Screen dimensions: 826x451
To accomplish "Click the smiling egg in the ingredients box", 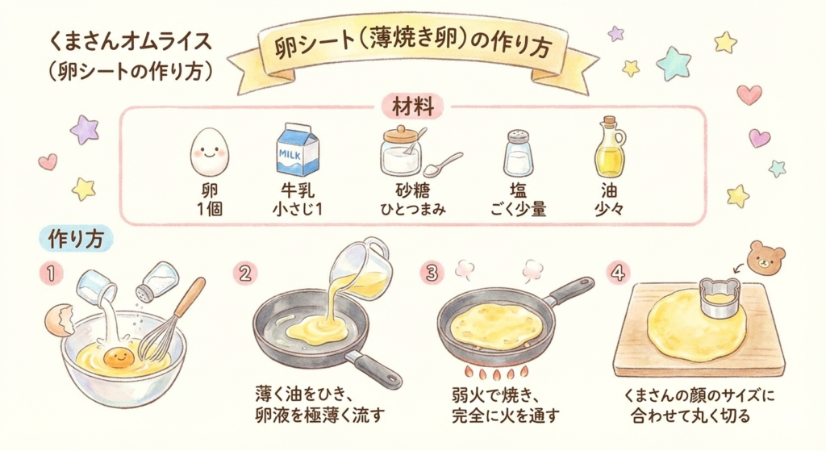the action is pyautogui.click(x=209, y=152).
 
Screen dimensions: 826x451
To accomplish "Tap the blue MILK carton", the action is pyautogui.click(x=298, y=149).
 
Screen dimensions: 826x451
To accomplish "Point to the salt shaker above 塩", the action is pyautogui.click(x=517, y=153).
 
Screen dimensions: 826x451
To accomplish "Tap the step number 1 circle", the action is pyautogui.click(x=51, y=274).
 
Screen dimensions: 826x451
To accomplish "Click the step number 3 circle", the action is pyautogui.click(x=432, y=273).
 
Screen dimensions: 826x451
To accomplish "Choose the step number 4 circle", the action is pyautogui.click(x=617, y=273).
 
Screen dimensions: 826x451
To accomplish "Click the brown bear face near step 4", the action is pyautogui.click(x=767, y=258).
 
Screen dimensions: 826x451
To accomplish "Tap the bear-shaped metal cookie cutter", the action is pyautogui.click(x=720, y=298).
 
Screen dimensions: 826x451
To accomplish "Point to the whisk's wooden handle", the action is pyautogui.click(x=189, y=297).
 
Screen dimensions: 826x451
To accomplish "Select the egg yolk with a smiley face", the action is pyautogui.click(x=119, y=358).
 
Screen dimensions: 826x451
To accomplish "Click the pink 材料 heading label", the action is pyautogui.click(x=412, y=107).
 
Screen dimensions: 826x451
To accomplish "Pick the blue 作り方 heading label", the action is pyautogui.click(x=76, y=239).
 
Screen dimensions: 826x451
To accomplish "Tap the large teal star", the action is pyautogui.click(x=674, y=63).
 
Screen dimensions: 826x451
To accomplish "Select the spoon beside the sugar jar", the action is pyautogui.click(x=443, y=165).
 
